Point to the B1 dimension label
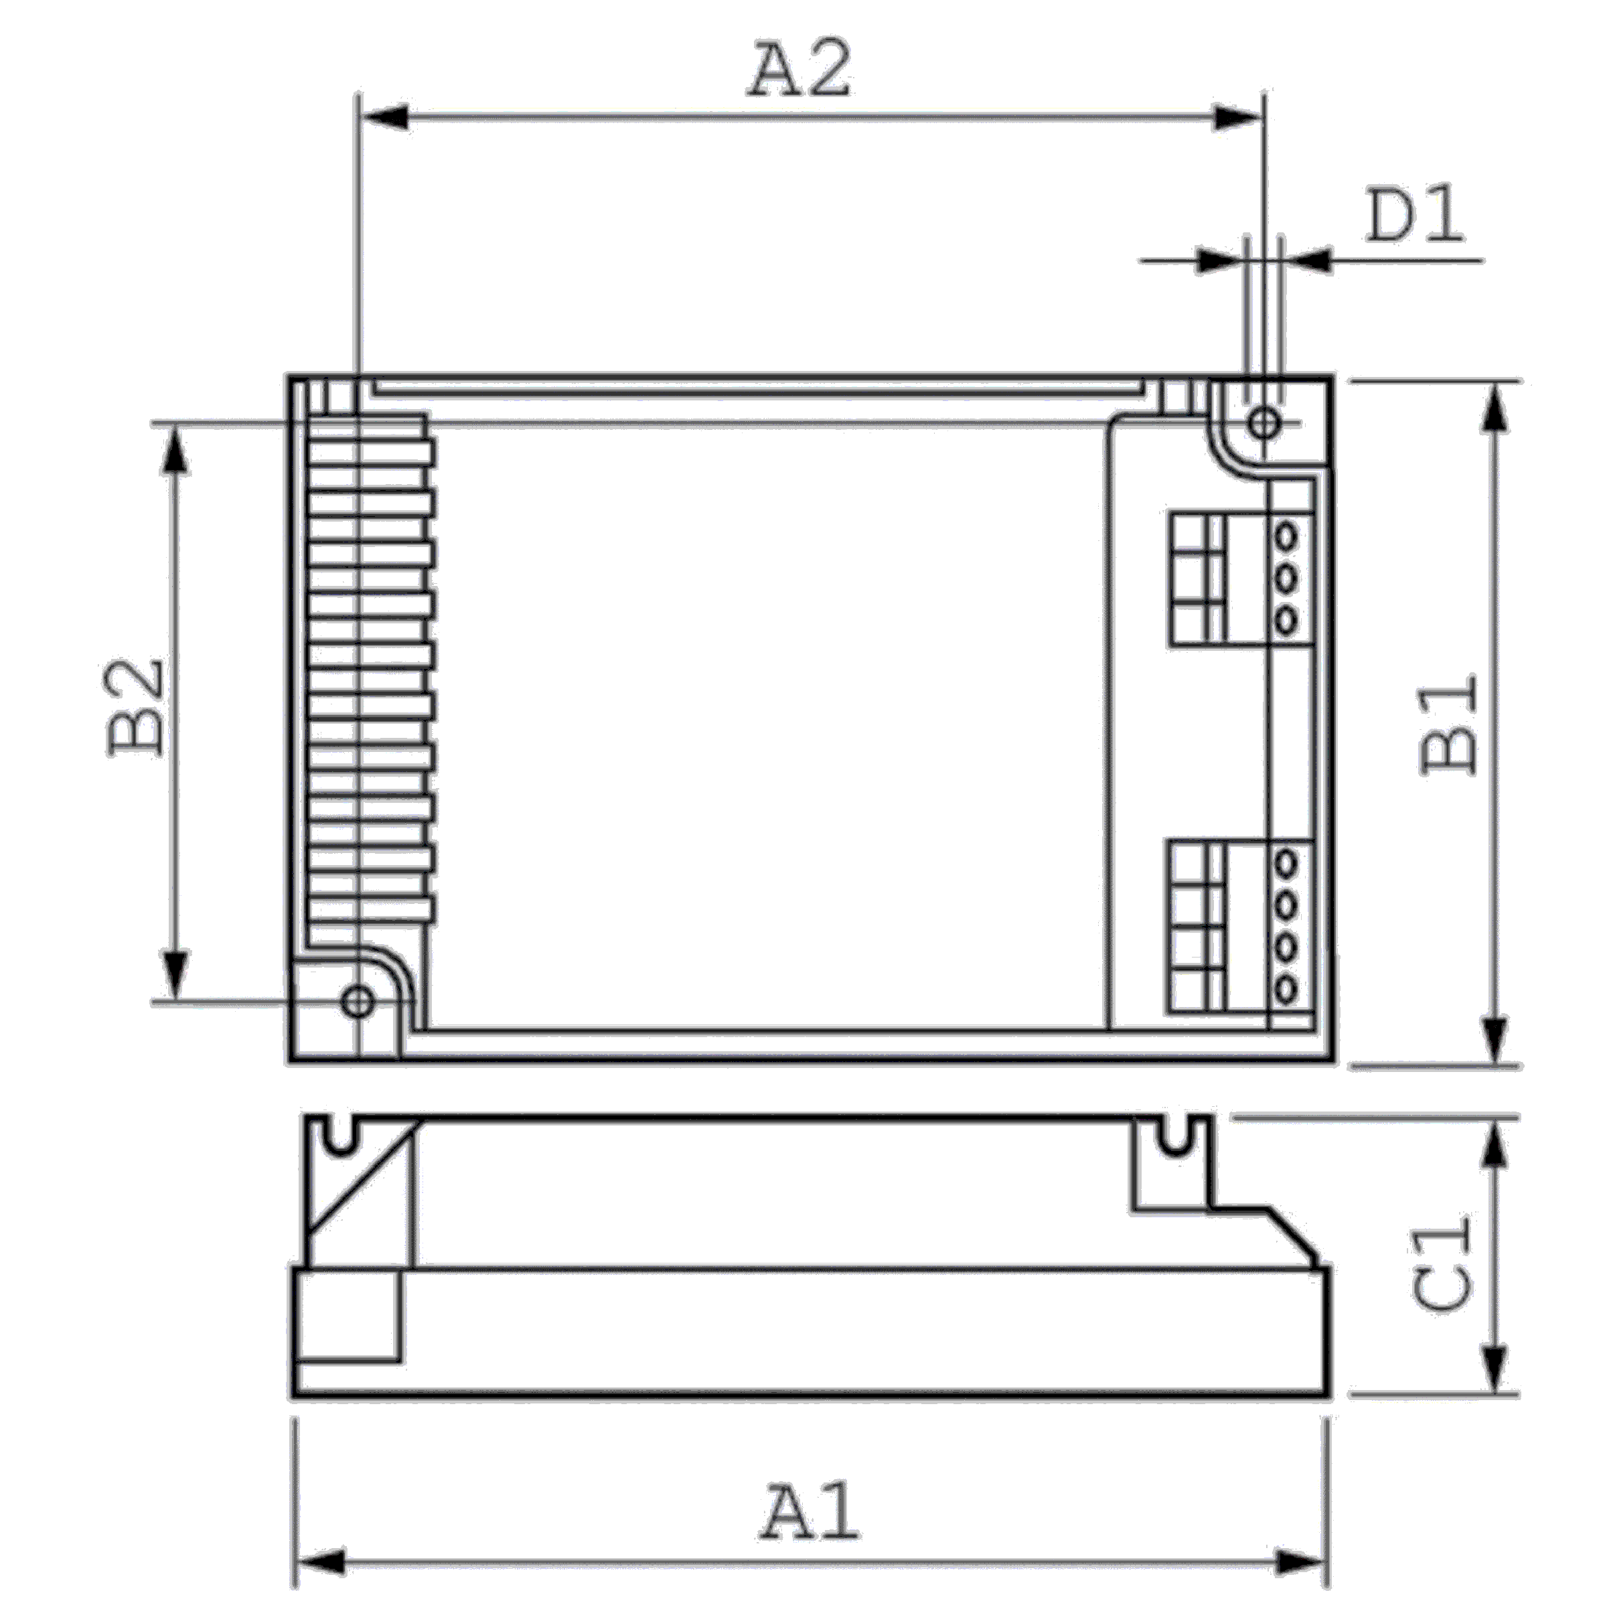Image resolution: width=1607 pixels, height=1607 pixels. (1450, 724)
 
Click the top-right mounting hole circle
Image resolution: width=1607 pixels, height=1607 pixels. (1264, 423)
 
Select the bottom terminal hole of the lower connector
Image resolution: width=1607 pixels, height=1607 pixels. (1286, 990)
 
